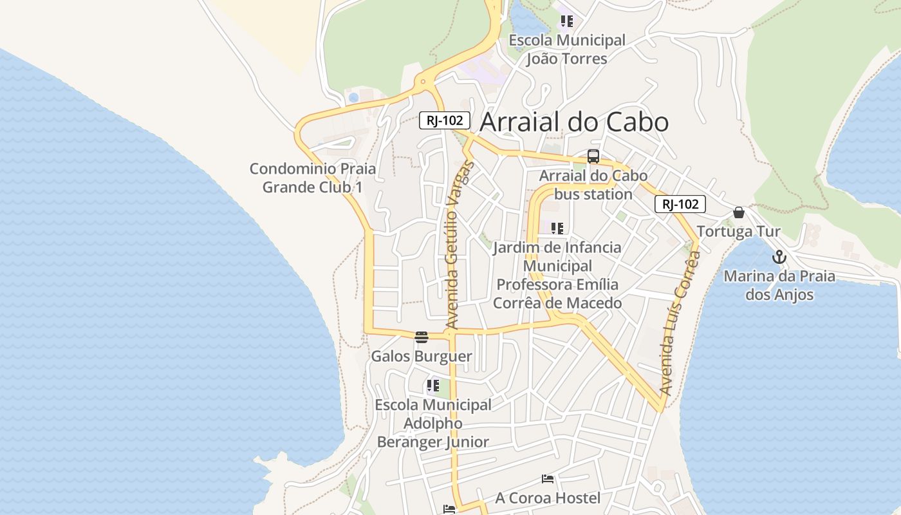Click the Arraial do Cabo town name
(574, 122)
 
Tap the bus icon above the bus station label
(593, 156)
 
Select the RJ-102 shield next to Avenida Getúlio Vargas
(445, 120)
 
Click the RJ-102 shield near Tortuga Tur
(680, 204)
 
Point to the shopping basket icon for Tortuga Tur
(739, 212)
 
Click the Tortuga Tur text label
(738, 231)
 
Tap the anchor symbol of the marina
(779, 257)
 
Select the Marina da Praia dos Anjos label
(779, 285)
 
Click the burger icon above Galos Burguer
(422, 337)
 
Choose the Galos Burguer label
(422, 356)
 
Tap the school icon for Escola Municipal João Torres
(566, 21)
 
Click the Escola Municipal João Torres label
(566, 50)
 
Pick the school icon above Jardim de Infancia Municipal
(557, 228)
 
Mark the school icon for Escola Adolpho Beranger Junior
(432, 386)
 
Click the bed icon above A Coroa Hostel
(548, 479)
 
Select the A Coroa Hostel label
(548, 498)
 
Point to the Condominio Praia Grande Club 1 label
(313, 178)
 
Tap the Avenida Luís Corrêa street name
(680, 323)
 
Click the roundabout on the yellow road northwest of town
(423, 82)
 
